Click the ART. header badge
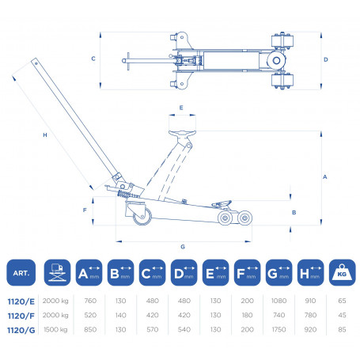pyautogui.click(x=21, y=272)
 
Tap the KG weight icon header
pyautogui.click(x=342, y=272)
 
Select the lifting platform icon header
pyautogui.click(x=57, y=272)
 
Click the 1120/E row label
pyautogui.click(x=21, y=301)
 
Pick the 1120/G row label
pyautogui.click(x=21, y=330)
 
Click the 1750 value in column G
pyautogui.click(x=279, y=330)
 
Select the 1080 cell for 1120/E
pyautogui.click(x=279, y=301)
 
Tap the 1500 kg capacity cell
pyautogui.click(x=55, y=330)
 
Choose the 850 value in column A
pyautogui.click(x=90, y=330)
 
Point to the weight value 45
pyautogui.click(x=342, y=315)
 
